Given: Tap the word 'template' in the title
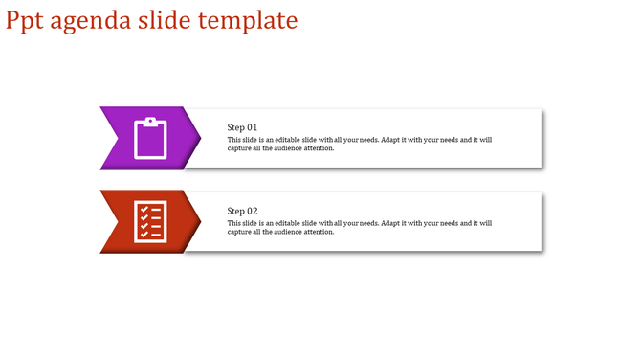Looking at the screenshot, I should point(248,20).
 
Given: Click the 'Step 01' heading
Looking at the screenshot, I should point(242,127).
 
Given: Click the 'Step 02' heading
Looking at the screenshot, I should point(242,211).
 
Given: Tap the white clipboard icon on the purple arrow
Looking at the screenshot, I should point(150,138).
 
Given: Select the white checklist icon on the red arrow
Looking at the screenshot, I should point(150,221).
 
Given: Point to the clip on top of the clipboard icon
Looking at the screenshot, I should point(150,121).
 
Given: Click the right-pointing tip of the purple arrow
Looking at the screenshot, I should point(198,138).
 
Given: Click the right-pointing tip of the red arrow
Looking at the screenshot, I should point(198,221).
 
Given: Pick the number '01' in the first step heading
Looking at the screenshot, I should point(252,127).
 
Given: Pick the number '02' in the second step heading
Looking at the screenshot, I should point(252,211).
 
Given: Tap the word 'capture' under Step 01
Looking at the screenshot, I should point(240,148).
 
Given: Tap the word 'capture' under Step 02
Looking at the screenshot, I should point(240,232).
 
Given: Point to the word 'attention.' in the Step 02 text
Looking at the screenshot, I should point(320,232).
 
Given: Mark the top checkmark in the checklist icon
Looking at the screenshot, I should point(144,209).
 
